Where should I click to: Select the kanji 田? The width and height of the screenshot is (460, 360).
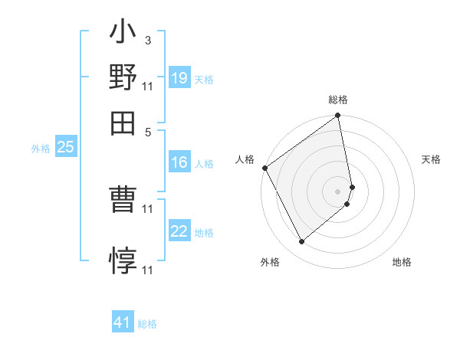point(123,122)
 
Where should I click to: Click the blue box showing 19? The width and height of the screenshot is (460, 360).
point(179,77)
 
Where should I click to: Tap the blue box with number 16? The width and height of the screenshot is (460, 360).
point(179,162)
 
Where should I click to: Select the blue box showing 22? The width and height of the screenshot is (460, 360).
point(179,231)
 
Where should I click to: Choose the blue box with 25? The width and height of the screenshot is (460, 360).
point(65,147)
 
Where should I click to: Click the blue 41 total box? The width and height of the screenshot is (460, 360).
point(123,322)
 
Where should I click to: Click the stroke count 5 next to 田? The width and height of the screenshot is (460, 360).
point(148,131)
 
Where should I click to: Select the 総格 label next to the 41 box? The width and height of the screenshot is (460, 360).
point(147,324)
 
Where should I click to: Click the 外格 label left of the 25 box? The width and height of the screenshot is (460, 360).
point(41,149)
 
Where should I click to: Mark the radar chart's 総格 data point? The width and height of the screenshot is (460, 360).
point(338,117)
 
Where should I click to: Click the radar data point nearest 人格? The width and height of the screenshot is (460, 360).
point(264,168)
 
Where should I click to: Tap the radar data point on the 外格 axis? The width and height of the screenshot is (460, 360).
point(301,242)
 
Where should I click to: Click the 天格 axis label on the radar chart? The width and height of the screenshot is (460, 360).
point(431,159)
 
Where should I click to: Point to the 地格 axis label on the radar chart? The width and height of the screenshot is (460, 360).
point(402,263)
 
